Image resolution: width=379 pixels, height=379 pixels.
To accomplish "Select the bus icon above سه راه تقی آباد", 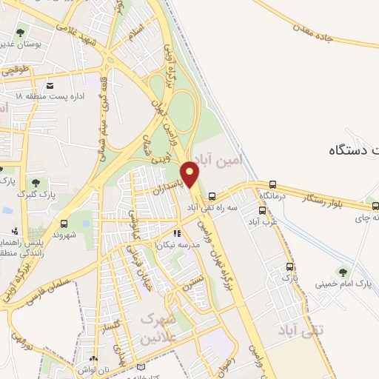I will coord(212,197).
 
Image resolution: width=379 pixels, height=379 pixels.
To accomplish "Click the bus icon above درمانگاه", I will coord(273,184).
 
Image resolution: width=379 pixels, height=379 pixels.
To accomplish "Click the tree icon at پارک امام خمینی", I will coord(341,271).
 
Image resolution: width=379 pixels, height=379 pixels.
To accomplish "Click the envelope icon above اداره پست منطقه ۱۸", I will coord(49,84).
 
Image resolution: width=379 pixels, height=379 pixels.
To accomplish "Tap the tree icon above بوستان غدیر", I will coord(20,33).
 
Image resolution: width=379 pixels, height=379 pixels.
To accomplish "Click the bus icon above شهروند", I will coord(64,223).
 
